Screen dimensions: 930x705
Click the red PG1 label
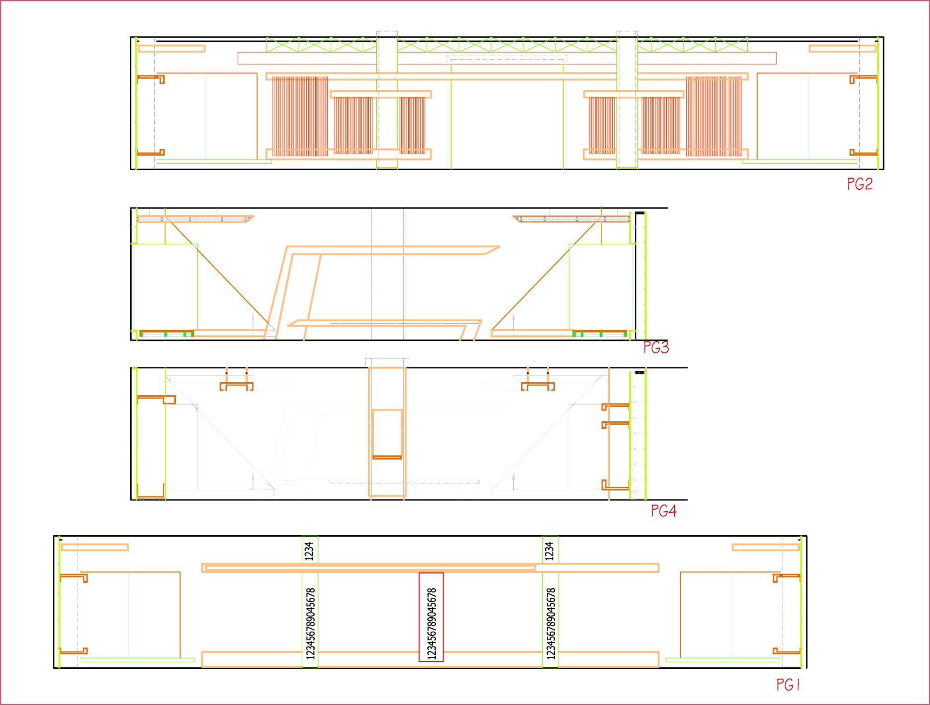(788, 685)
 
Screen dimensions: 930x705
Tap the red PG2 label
(860, 184)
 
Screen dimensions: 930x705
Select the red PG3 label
(656, 347)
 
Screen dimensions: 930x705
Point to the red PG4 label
(664, 511)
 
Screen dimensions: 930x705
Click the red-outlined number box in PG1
(431, 617)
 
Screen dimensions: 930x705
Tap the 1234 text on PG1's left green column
(309, 551)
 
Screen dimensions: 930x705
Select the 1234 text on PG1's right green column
(550, 551)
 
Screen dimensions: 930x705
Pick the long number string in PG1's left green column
(311, 624)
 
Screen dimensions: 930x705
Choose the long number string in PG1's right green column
(551, 624)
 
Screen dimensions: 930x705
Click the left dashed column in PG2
(387, 100)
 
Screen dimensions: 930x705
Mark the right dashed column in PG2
(627, 100)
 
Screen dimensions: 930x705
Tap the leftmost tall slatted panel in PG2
(300, 116)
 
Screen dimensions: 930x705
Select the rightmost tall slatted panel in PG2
(714, 116)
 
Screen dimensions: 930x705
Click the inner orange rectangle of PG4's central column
(387, 434)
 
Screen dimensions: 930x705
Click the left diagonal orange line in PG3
(218, 274)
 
